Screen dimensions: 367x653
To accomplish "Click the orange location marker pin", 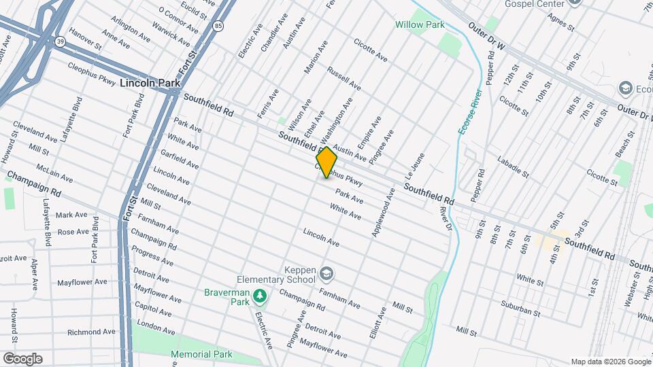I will pos(326,162).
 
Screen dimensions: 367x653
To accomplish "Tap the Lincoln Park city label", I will pos(148,83).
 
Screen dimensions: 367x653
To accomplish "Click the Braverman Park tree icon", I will pos(258,297).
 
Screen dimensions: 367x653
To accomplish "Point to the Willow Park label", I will pos(420,24).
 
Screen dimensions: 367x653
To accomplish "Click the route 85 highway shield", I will pos(217,26).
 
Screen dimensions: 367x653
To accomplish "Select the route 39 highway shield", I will pos(61,41).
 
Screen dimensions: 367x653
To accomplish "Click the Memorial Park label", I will pos(201,354).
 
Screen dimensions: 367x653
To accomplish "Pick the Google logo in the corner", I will pos(22,359).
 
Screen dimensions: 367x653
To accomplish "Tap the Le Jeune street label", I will pos(416,161).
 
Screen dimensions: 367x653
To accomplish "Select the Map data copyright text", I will pos(609,362).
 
